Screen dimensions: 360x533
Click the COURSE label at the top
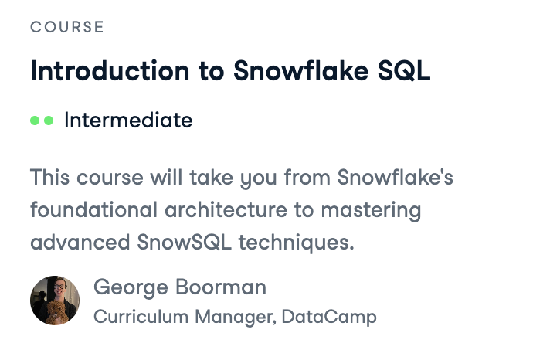[x=66, y=28]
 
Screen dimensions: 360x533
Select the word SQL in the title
[x=403, y=70]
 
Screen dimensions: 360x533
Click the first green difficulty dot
[x=35, y=121]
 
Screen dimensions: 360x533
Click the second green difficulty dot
[x=49, y=121]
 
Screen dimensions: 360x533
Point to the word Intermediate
[x=128, y=121]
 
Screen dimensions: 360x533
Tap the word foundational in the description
[x=86, y=210]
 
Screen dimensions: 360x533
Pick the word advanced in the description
[x=74, y=242]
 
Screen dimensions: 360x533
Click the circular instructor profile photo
[x=55, y=301]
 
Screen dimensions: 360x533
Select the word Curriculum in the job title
[x=130, y=317]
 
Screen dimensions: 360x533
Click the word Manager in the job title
[x=226, y=317]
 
